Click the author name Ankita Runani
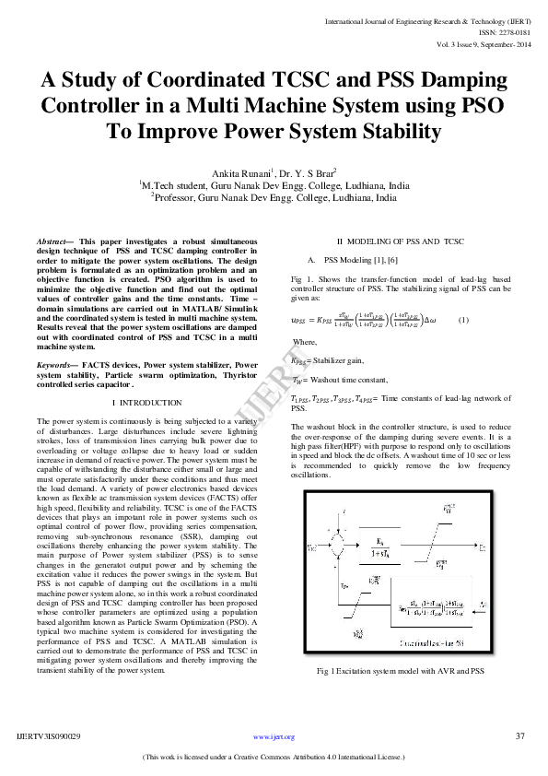242,173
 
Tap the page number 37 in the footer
520,736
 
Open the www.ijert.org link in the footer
274,737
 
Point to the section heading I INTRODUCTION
146,403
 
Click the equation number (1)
463,320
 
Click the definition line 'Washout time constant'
340,380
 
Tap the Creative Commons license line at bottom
274,757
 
